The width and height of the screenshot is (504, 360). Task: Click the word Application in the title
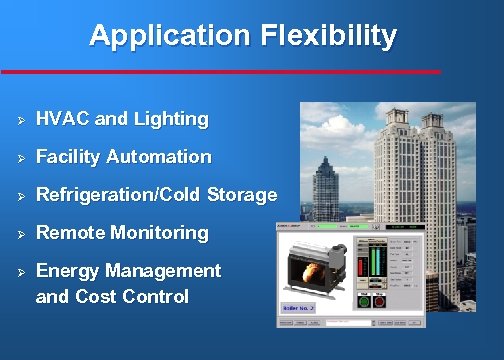pyautogui.click(x=168, y=37)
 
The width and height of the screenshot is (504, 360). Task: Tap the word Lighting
pyautogui.click(x=171, y=119)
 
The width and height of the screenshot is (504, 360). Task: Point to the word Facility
pyautogui.click(x=68, y=157)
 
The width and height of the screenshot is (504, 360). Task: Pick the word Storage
pyautogui.click(x=242, y=195)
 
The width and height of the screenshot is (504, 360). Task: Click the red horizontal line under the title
pyautogui.click(x=220, y=72)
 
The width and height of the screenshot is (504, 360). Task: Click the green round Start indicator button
pyautogui.click(x=363, y=301)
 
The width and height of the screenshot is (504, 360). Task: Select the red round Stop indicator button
pyautogui.click(x=378, y=301)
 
